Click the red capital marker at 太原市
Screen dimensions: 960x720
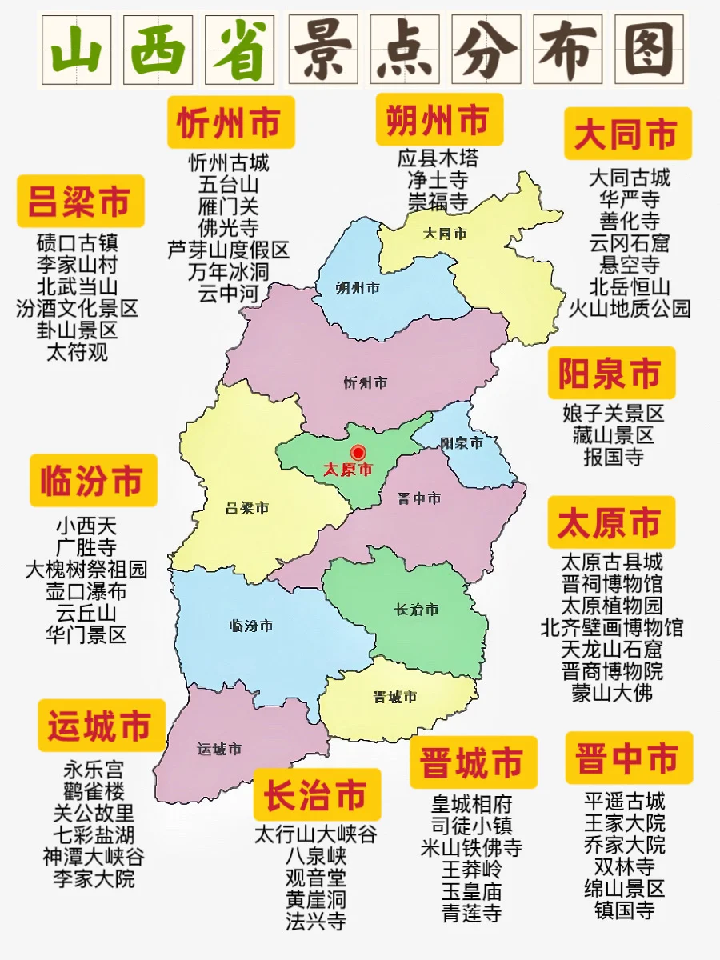click(x=358, y=453)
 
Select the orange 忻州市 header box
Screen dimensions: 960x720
click(x=230, y=123)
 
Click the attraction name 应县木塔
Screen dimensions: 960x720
click(x=438, y=158)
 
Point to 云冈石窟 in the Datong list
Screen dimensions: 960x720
click(x=629, y=242)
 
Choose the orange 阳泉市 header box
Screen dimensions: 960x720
click(x=610, y=374)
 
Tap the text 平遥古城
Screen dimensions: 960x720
click(x=624, y=801)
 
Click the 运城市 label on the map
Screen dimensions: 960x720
click(x=219, y=750)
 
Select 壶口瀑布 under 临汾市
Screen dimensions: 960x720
click(x=86, y=592)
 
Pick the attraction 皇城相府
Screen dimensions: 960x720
click(x=471, y=803)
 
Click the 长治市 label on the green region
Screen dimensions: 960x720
click(x=416, y=610)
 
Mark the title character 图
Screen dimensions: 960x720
click(x=649, y=49)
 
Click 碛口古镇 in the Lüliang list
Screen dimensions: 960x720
click(x=77, y=242)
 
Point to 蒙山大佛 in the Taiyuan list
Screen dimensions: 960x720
click(x=612, y=693)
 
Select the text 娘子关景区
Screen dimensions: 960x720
click(x=613, y=414)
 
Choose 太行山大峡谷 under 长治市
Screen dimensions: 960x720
click(x=315, y=834)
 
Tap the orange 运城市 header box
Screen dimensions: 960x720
click(x=101, y=726)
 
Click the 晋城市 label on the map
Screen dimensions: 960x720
click(x=394, y=697)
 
